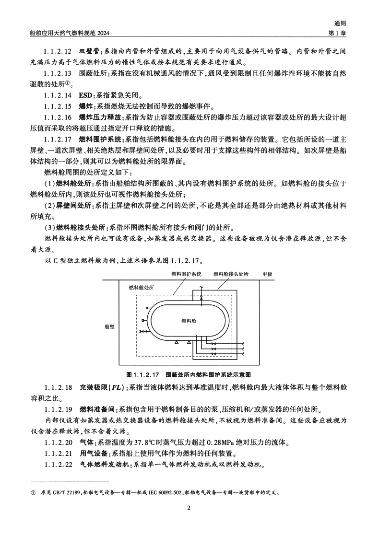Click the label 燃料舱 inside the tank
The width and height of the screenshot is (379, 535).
(189, 320)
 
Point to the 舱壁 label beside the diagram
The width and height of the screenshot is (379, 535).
(109, 326)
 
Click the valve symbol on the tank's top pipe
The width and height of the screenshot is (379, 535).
(202, 298)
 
